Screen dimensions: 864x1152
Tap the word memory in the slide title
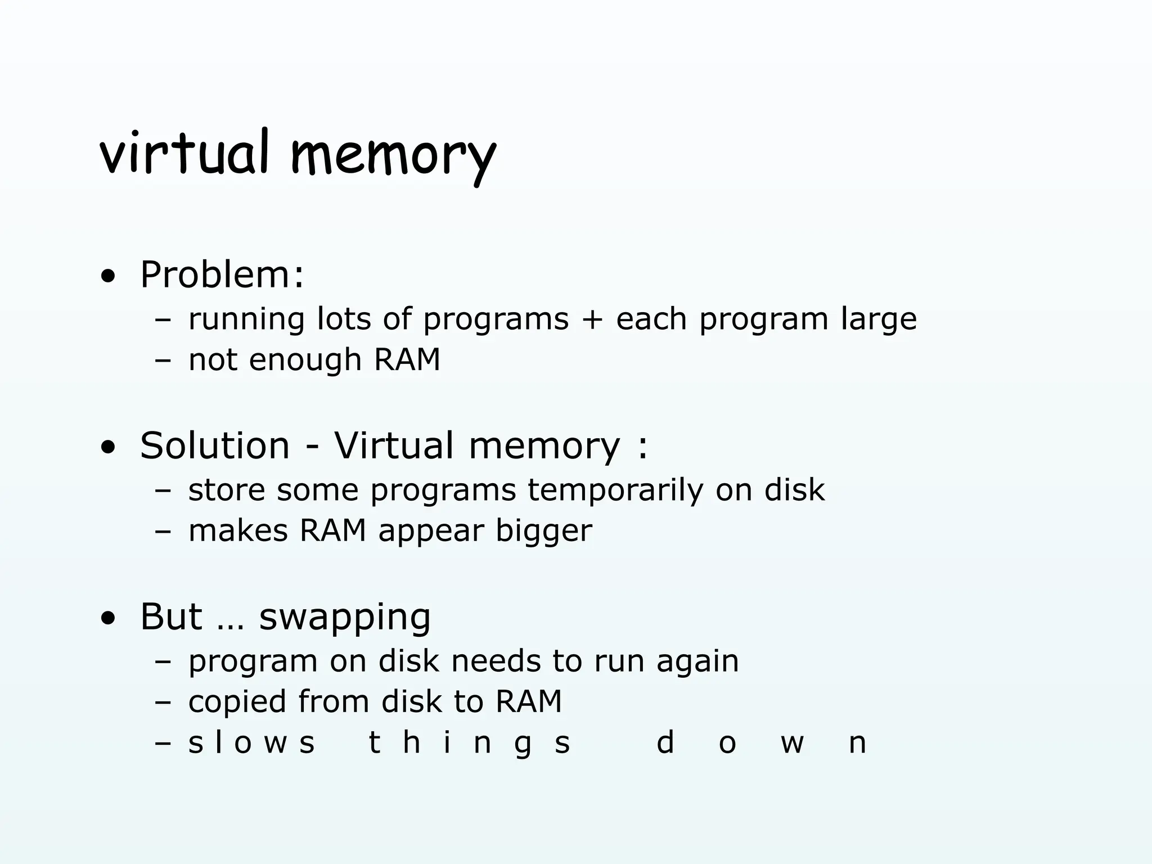click(x=393, y=155)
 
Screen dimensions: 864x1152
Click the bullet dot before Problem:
click(x=108, y=277)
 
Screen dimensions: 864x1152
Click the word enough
click(x=305, y=360)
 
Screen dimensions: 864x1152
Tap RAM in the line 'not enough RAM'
click(x=407, y=360)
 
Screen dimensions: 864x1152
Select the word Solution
click(x=215, y=445)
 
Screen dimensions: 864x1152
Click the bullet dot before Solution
click(x=108, y=448)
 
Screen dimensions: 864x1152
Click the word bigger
click(x=543, y=531)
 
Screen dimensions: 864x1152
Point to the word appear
click(x=430, y=531)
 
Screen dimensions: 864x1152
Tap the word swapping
click(x=344, y=618)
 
